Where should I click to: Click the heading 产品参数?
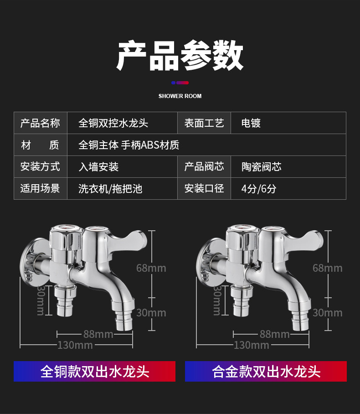180,56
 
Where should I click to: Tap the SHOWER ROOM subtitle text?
180,96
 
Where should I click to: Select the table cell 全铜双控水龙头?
113,123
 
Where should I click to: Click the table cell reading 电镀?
251,123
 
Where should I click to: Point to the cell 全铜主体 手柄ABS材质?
129,145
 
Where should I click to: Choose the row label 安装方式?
40,167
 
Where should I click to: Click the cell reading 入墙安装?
98,167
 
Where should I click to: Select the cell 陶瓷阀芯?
262,167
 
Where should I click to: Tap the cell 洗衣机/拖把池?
110,189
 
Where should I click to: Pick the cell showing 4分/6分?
259,189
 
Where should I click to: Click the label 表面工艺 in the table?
204,123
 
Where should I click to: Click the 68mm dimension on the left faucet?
151,268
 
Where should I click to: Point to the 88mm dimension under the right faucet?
274,334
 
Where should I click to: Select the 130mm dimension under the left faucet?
75,345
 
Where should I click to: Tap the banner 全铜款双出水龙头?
95,372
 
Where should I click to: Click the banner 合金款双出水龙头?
266,372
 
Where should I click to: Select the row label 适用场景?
40,189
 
